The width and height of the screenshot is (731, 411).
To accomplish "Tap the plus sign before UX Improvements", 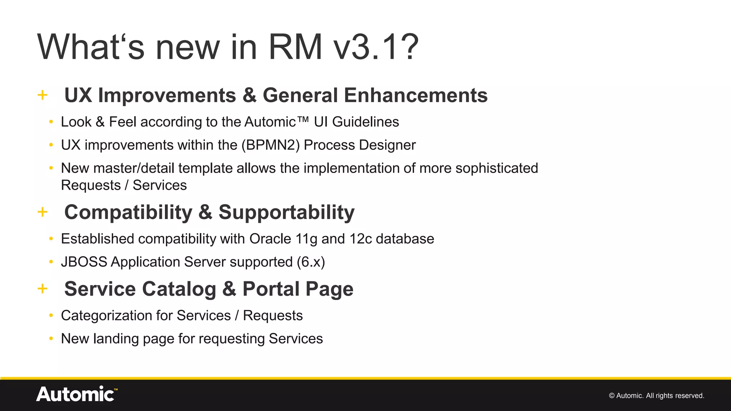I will (42, 95).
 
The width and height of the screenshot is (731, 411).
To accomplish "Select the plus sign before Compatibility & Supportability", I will (42, 212).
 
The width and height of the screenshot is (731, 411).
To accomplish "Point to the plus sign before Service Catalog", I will (42, 289).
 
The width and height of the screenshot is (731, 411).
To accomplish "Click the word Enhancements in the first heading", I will (415, 95).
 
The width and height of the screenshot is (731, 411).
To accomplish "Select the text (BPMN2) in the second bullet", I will (271, 145).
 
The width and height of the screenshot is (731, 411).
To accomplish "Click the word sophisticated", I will (496, 168).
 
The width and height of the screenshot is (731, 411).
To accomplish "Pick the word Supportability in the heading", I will (286, 212).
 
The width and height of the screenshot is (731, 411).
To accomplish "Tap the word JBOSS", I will (84, 262).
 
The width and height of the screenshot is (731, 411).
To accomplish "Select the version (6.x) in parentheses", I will (311, 262).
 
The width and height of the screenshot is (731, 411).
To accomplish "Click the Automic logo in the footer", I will (76, 394).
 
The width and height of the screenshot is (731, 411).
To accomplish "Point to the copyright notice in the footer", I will (656, 396).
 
